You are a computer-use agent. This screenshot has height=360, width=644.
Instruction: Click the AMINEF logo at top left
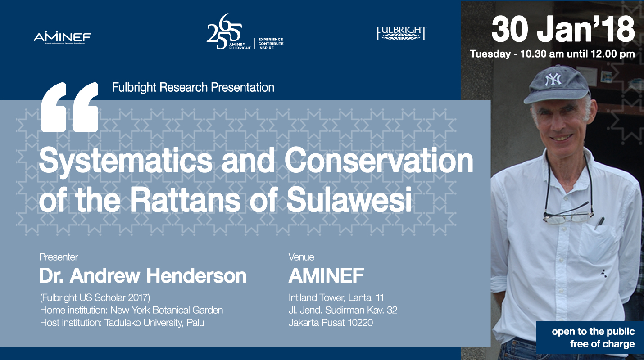(x=63, y=38)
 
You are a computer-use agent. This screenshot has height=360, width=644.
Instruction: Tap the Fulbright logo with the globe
(x=402, y=33)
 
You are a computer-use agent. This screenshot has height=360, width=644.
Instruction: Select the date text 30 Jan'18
(x=563, y=30)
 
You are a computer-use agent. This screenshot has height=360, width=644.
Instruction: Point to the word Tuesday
(x=490, y=54)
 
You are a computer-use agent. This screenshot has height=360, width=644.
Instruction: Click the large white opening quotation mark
(x=70, y=107)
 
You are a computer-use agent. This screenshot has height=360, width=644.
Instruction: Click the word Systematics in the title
(x=126, y=161)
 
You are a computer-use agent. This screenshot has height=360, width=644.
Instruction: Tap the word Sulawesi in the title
(x=349, y=199)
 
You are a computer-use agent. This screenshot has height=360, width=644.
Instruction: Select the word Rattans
(x=185, y=199)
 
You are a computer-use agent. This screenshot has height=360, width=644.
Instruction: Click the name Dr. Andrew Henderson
(x=143, y=275)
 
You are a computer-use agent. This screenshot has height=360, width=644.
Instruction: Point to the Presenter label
(x=59, y=257)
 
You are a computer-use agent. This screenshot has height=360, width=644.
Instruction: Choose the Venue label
(x=301, y=257)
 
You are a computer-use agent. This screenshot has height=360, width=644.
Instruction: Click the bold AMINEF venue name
(x=327, y=275)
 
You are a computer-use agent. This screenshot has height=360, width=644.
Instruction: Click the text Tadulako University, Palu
(x=154, y=323)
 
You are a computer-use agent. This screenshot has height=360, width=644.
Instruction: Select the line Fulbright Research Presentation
(x=193, y=87)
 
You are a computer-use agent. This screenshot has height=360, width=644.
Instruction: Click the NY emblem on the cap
(x=553, y=79)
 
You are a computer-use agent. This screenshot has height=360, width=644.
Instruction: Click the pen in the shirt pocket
(x=599, y=223)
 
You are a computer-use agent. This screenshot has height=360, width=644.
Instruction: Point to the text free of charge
(x=602, y=344)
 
